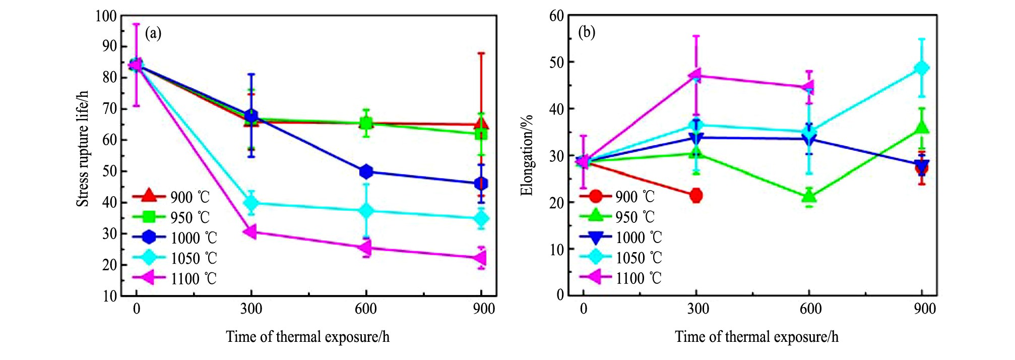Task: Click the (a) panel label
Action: click(153, 34)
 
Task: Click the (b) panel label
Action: click(586, 33)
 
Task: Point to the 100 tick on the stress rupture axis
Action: click(106, 16)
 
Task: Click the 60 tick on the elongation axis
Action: click(556, 16)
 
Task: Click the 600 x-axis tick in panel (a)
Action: click(365, 309)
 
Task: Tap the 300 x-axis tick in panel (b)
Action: click(697, 309)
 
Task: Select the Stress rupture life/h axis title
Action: click(82, 149)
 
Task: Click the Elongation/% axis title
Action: click(527, 155)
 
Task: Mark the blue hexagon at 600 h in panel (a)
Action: click(366, 171)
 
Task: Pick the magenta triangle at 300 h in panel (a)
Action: click(250, 232)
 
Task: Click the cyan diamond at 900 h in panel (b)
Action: click(922, 68)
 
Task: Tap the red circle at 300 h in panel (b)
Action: click(696, 195)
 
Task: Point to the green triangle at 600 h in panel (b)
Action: click(809, 196)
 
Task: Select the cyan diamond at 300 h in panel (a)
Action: click(251, 203)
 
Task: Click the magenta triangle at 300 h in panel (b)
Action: click(695, 76)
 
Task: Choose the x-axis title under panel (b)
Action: click(756, 337)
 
